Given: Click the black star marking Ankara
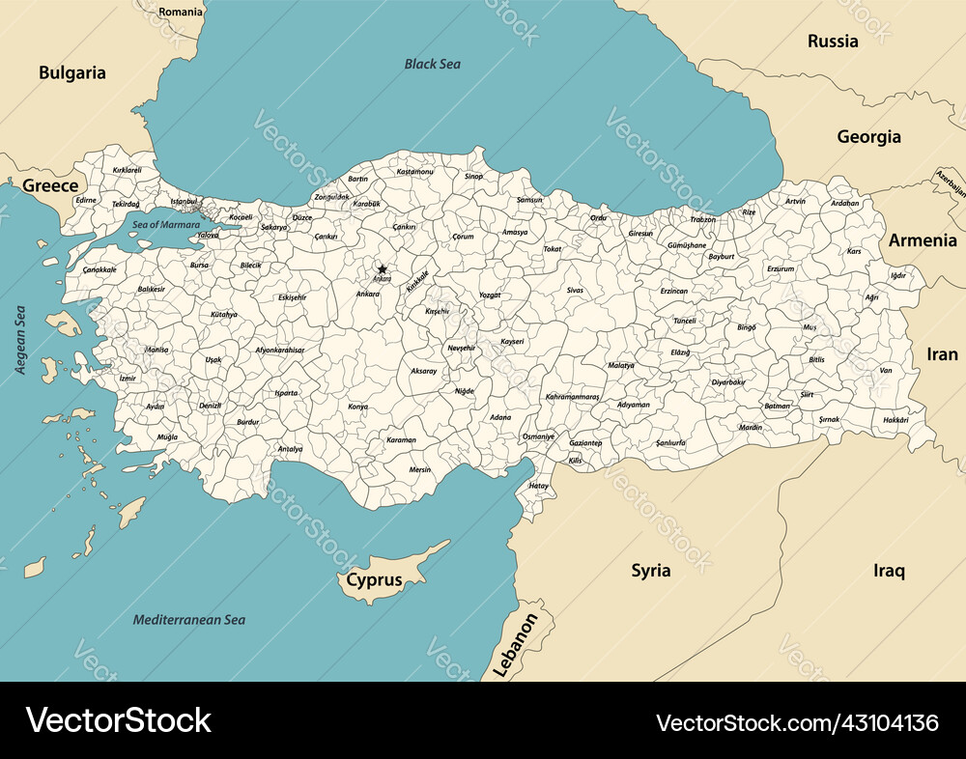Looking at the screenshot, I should [383, 269].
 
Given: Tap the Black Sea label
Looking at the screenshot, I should [432, 65].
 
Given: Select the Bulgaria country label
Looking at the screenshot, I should [72, 72].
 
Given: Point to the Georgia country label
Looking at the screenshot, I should [868, 137].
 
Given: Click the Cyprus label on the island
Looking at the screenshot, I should [374, 581].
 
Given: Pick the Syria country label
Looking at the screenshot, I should [651, 570].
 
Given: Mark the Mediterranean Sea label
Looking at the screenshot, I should [188, 620].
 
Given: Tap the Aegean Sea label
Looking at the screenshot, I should [20, 340].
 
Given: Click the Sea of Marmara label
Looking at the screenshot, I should [166, 224].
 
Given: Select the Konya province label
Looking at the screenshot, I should [357, 407].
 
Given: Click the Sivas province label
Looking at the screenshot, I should [575, 290].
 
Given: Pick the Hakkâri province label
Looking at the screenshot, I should [895, 420].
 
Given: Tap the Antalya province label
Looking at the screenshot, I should [290, 449].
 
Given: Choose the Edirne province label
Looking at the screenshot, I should [86, 200].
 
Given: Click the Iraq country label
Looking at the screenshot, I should [889, 571].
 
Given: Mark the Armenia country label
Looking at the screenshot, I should [923, 240].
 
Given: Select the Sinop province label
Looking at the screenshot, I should [473, 177].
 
